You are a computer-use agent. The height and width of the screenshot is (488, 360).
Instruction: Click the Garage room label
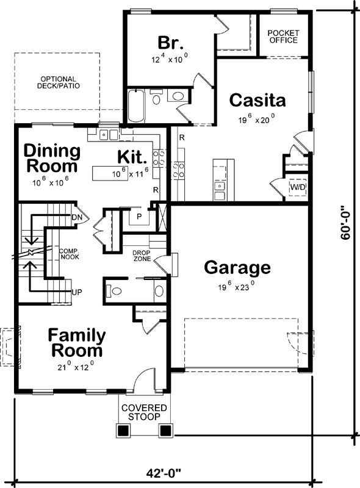[237, 267]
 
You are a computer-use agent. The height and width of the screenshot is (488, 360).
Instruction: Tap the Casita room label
[257, 100]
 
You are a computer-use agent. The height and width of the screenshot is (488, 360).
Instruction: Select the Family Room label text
[77, 343]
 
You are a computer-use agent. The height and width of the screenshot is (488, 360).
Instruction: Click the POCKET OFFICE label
[283, 36]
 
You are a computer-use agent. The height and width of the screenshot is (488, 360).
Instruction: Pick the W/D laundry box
[298, 187]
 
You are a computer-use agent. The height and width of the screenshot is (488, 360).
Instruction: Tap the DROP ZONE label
[142, 256]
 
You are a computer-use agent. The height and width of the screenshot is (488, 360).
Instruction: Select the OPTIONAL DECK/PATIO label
[58, 82]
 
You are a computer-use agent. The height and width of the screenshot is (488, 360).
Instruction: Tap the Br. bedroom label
[169, 43]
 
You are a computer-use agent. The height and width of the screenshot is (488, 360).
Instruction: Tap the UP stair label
[77, 292]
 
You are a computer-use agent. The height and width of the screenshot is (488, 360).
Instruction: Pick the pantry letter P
[139, 216]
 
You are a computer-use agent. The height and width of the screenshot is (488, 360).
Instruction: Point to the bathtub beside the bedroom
[135, 105]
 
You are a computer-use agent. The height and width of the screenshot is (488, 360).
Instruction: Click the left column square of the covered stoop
[124, 431]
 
